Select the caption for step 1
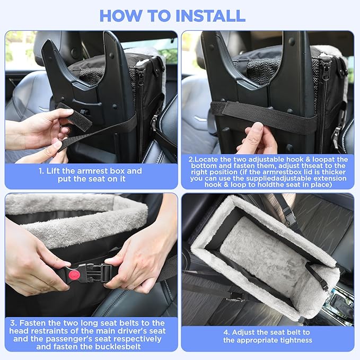click(x=91, y=175)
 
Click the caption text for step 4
click(x=267, y=336)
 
